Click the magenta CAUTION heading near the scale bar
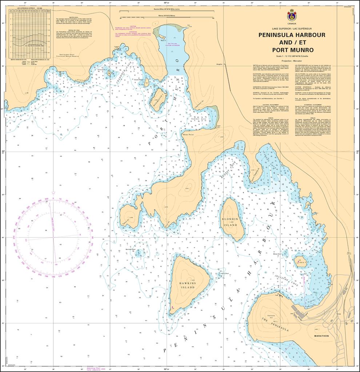[x=133, y=26]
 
